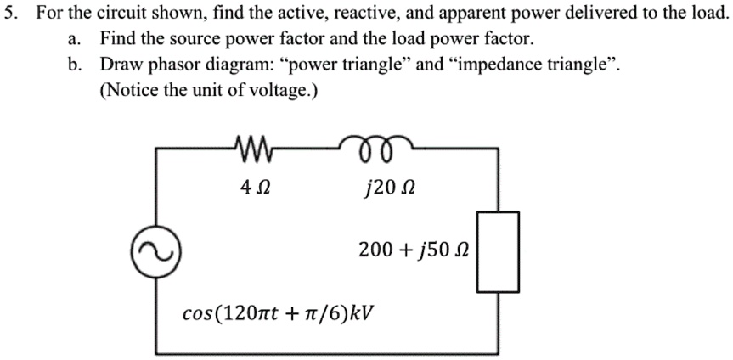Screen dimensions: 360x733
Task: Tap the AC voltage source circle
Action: click(x=155, y=249)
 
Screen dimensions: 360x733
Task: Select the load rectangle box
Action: click(x=494, y=250)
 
